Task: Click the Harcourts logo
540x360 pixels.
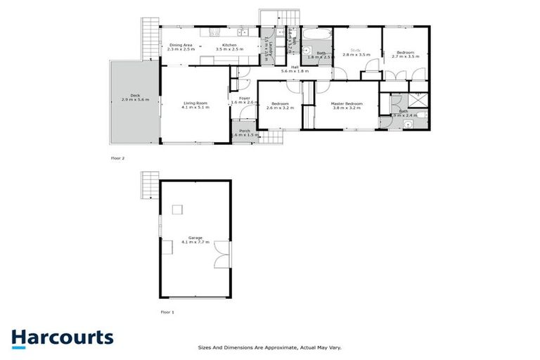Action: (x=62, y=337)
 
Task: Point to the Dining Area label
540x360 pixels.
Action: (x=180, y=45)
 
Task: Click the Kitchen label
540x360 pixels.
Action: (x=229, y=45)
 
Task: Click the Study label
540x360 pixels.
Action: (x=356, y=50)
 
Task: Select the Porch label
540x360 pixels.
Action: (x=245, y=131)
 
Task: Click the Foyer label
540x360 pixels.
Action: (x=244, y=98)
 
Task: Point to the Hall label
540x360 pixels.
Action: (x=295, y=67)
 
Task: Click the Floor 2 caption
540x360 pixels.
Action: (x=117, y=158)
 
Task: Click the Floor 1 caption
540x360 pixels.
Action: (x=167, y=311)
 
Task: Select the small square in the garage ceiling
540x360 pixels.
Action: (x=177, y=209)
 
